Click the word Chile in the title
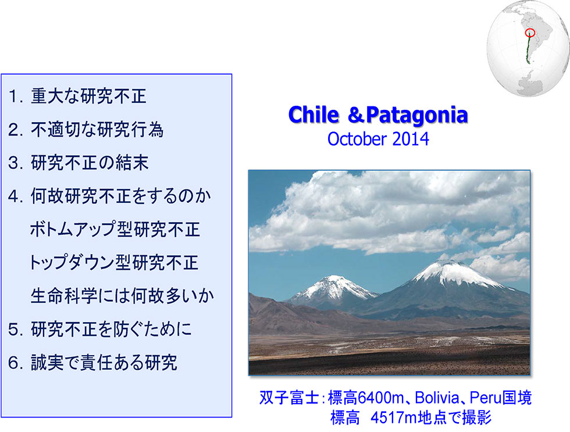(x=313, y=115)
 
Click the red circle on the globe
(x=530, y=33)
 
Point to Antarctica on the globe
(x=529, y=84)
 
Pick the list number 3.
(x=15, y=163)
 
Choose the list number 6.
(x=15, y=363)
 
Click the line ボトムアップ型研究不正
(x=115, y=230)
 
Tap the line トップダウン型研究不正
(x=114, y=263)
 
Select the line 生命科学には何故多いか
(x=122, y=296)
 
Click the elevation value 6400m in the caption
(x=380, y=398)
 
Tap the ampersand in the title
(x=355, y=115)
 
